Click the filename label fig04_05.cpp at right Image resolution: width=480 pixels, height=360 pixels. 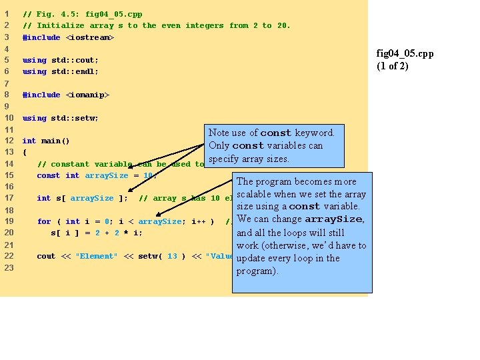click(405, 53)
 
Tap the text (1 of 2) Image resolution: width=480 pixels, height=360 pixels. click(393, 65)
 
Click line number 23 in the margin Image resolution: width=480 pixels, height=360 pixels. click(9, 267)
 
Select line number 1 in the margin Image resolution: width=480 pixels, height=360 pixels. click(7, 14)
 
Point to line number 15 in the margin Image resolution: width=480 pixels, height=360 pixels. click(9, 175)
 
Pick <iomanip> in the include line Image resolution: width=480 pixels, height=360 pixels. click(87, 95)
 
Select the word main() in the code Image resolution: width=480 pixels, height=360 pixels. click(55, 141)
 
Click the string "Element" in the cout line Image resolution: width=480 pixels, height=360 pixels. click(97, 256)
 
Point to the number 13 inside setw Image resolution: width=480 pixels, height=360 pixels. click(172, 256)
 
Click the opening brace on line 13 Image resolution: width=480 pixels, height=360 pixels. click(25, 152)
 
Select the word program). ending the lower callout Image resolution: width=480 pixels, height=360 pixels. click(257, 271)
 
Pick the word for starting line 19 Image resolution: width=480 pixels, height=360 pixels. click(44, 221)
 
